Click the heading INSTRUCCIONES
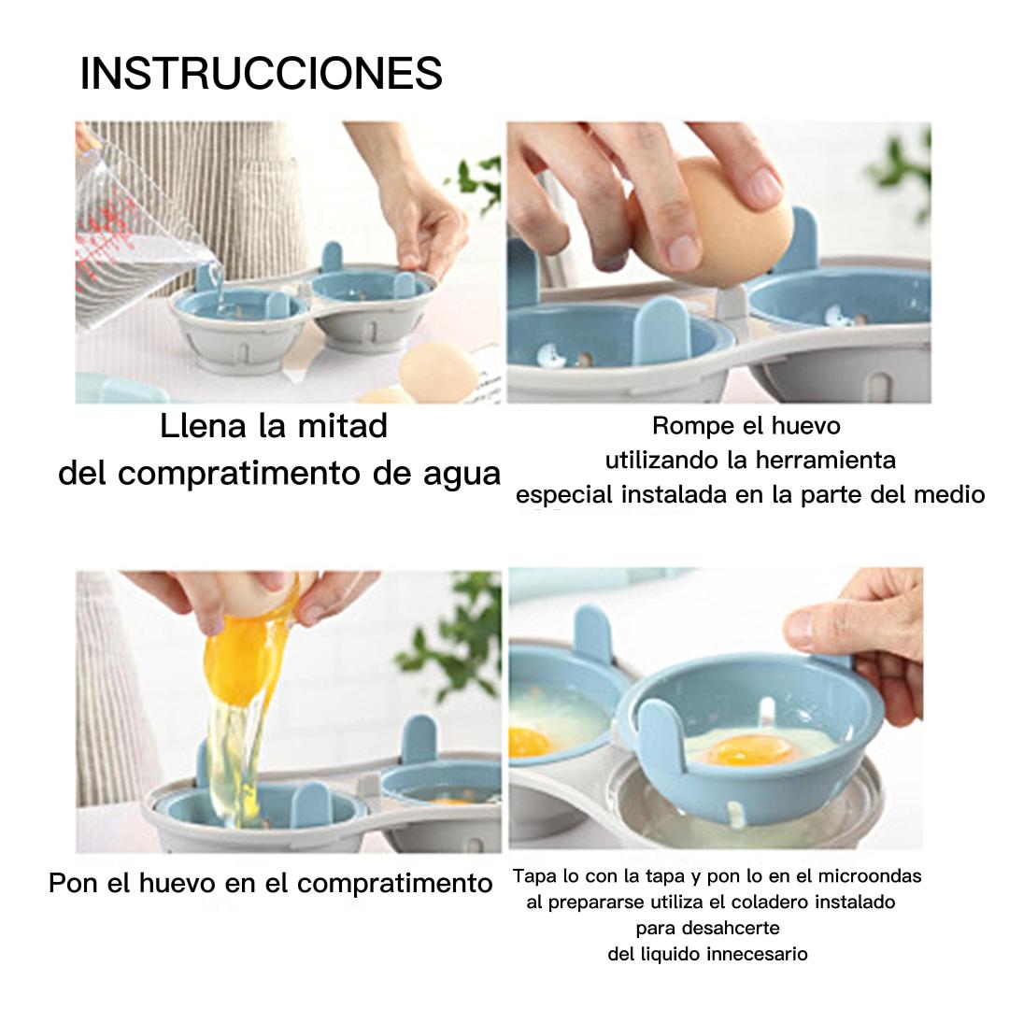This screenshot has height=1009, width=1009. pyautogui.click(x=262, y=73)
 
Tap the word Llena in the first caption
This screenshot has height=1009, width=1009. pyautogui.click(x=203, y=425)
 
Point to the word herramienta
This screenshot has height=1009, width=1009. pyautogui.click(x=826, y=460)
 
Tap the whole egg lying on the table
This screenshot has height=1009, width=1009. pyautogui.click(x=438, y=372)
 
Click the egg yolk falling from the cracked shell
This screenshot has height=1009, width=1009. pyautogui.click(x=241, y=660)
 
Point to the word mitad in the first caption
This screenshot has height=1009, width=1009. pyautogui.click(x=342, y=425)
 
